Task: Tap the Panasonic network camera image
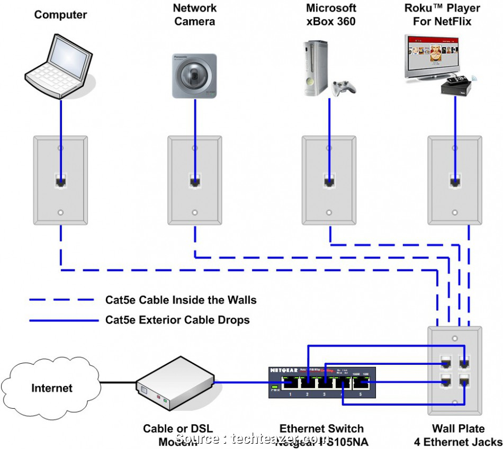[x=194, y=76]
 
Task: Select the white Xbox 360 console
[x=313, y=68]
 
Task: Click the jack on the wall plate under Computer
[x=61, y=182]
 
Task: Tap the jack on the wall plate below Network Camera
[x=195, y=182]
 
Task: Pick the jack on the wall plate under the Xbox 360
[x=329, y=182]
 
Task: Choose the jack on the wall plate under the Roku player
[x=455, y=182]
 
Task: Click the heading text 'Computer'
[x=60, y=14]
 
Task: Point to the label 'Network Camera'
[x=195, y=15]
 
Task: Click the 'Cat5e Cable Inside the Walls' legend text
[x=181, y=300]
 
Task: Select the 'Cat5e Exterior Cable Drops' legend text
[x=177, y=320]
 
